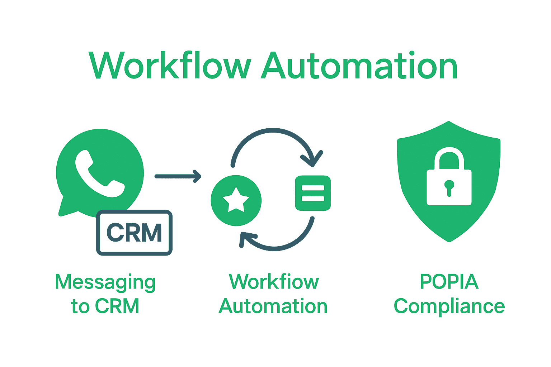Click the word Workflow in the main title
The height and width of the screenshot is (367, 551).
[x=170, y=66]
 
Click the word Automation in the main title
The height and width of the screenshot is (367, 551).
[x=359, y=66]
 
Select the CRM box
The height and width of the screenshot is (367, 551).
[x=134, y=233]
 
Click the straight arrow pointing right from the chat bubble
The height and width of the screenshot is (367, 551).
[x=178, y=176]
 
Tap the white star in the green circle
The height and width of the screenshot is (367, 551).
[x=236, y=200]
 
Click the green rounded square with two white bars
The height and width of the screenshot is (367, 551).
[x=312, y=193]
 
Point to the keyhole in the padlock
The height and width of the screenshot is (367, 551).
[x=449, y=186]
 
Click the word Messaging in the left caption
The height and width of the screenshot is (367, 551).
[x=105, y=282]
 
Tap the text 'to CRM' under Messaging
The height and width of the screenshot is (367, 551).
[x=105, y=306]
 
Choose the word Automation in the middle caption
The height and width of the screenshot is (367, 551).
[x=273, y=306]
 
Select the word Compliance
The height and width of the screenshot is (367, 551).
[x=449, y=306]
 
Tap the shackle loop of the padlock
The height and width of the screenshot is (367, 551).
[x=449, y=156]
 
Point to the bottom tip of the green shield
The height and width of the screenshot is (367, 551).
[x=449, y=240]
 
